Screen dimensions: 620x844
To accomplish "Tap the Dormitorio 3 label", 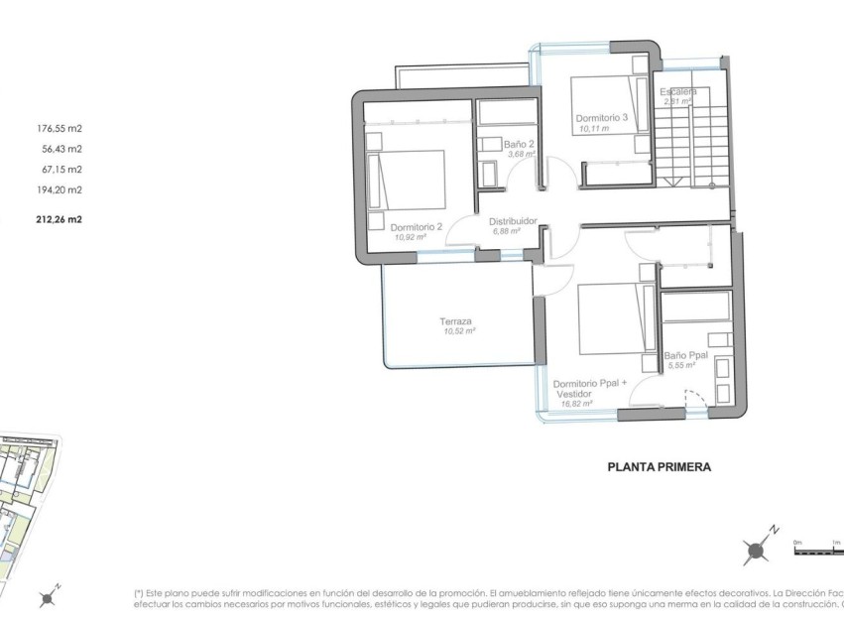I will (602, 117).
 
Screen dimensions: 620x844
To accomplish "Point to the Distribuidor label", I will (513, 221).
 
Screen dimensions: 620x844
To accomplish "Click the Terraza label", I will (456, 320).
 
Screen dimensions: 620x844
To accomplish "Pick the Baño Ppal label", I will (684, 354).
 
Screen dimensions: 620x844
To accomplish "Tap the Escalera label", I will (679, 92).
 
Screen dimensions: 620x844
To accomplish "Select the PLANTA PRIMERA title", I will (658, 464).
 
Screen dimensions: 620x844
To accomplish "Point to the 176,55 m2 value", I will (59, 128).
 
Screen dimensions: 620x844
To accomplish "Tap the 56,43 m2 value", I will (61, 149).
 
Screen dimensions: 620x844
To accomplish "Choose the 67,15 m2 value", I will (61, 169).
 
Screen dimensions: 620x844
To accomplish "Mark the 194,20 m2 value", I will (59, 189).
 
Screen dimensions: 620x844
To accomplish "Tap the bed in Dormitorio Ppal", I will (610, 318).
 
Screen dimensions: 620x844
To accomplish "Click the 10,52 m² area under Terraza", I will (460, 331).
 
